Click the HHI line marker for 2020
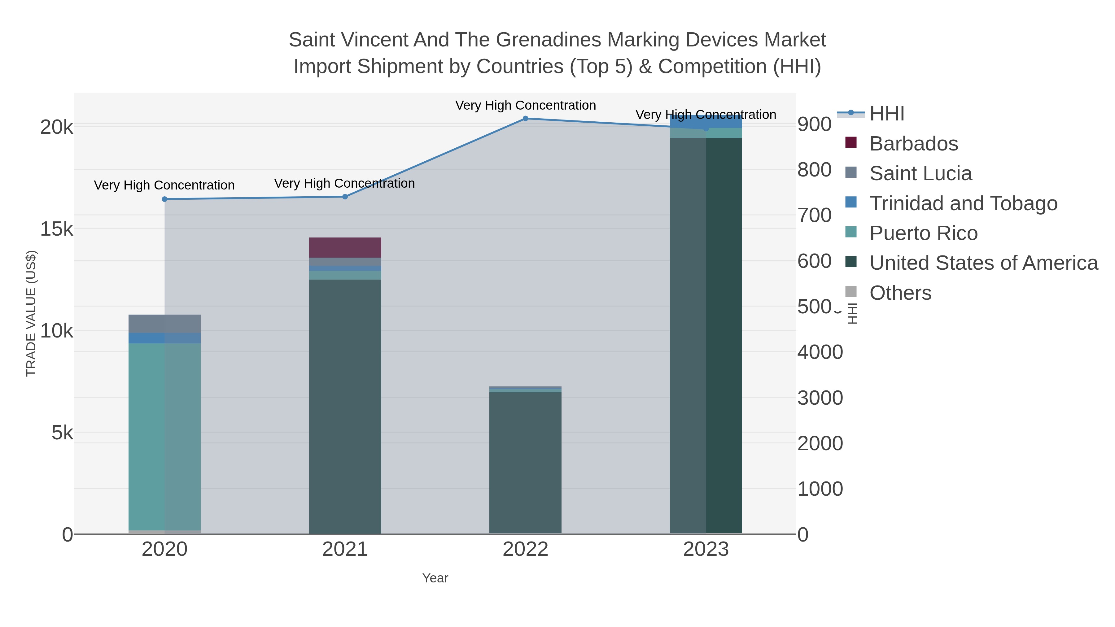(164, 199)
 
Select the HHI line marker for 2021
(345, 197)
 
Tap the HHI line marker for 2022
(526, 119)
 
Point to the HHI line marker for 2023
(706, 128)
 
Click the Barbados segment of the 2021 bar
(345, 247)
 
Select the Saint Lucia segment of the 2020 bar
(164, 324)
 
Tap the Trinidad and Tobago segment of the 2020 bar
(164, 338)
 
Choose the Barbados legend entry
(913, 144)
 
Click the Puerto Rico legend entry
(923, 233)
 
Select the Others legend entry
(900, 293)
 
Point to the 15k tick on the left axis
(57, 229)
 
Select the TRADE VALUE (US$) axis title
(31, 313)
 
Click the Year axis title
(435, 578)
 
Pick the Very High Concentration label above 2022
(526, 105)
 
